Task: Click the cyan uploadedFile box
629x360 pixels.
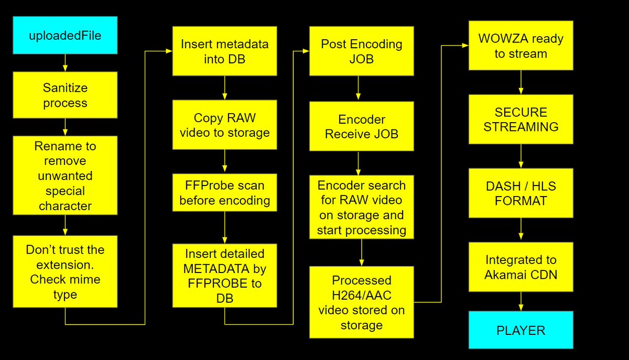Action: (x=65, y=35)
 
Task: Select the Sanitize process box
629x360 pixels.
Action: (x=65, y=95)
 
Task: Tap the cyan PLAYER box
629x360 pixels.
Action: (x=521, y=330)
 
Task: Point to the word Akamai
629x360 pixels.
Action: (x=502, y=275)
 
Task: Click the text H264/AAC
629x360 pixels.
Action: (x=361, y=295)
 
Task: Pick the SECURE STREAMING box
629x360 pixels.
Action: (x=521, y=119)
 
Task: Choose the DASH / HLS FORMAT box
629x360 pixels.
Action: (x=521, y=193)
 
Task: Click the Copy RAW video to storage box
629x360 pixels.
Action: (x=225, y=125)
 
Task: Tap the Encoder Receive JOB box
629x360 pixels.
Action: (x=361, y=126)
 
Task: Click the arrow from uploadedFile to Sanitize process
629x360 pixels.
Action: (x=65, y=63)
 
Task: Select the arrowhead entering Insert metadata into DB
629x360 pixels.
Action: (x=169, y=51)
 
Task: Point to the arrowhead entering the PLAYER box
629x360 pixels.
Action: (x=521, y=308)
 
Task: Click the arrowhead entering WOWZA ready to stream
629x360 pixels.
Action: (x=465, y=45)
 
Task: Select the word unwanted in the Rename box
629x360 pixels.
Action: (x=65, y=176)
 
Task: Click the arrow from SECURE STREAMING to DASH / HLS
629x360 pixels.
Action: (x=521, y=156)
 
